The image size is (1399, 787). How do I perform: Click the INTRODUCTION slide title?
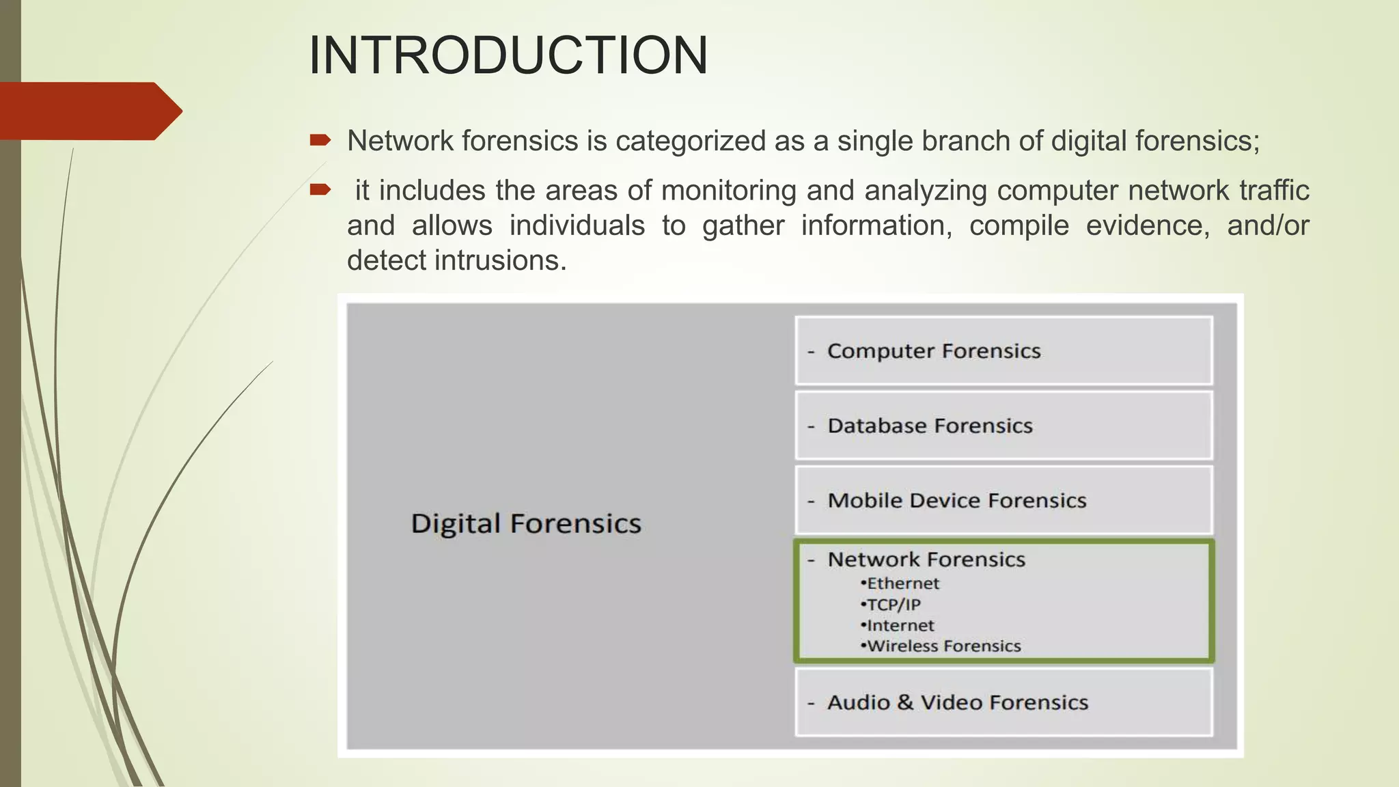(508, 55)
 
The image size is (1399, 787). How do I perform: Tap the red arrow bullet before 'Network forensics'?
(320, 141)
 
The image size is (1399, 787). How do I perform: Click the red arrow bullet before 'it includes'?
(320, 189)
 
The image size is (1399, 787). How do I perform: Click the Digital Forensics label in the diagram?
(526, 524)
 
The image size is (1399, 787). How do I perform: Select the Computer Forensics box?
(1003, 350)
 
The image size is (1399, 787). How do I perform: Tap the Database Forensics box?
(1003, 426)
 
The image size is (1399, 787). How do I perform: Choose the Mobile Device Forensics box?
(1003, 500)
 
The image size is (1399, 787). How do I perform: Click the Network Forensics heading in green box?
(926, 560)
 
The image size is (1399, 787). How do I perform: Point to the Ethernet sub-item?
(902, 583)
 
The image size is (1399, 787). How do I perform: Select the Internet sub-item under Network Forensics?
(899, 625)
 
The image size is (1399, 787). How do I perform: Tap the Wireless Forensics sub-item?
(943, 646)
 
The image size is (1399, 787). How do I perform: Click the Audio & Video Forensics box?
(1003, 702)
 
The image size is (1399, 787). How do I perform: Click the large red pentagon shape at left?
(89, 111)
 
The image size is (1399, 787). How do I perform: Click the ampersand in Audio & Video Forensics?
(905, 702)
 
